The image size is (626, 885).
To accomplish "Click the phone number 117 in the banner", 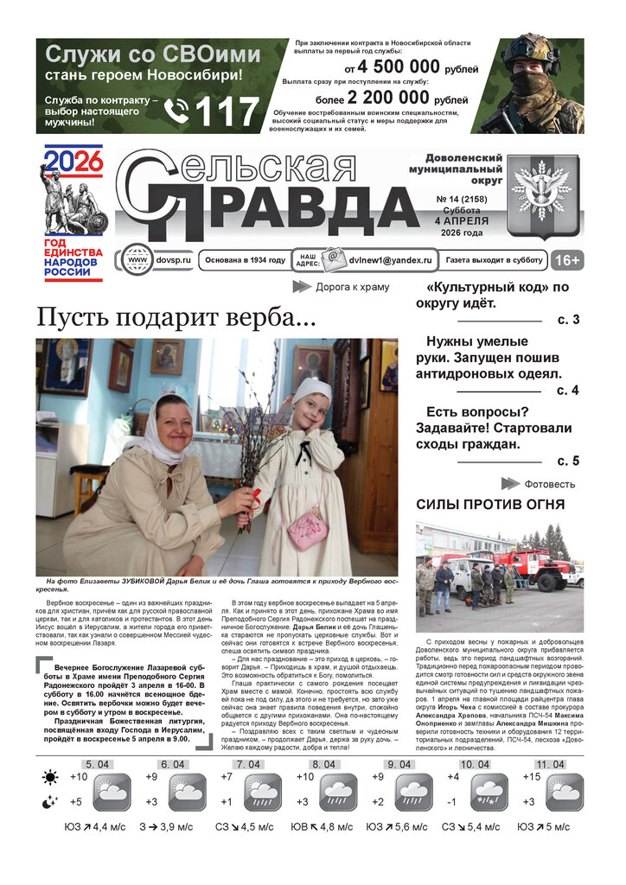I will [228, 111].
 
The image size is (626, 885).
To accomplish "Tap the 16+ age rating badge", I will [566, 259].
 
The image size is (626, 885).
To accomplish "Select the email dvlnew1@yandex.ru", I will [381, 260].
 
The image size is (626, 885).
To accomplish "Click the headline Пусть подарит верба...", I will [176, 317].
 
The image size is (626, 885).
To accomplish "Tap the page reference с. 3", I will [568, 321].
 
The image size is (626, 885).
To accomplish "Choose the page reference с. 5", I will [568, 461].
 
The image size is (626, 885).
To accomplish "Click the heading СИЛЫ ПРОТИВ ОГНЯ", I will [490, 504].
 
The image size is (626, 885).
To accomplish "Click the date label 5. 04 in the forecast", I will [97, 765].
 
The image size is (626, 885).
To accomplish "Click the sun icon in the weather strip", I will [50, 778].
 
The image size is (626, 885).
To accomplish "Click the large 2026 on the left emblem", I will [73, 161].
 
